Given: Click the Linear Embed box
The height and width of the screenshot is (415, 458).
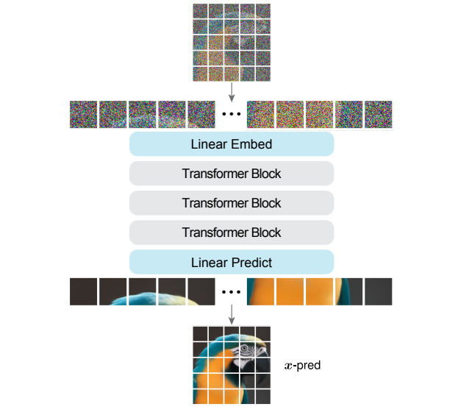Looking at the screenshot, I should [x=232, y=144].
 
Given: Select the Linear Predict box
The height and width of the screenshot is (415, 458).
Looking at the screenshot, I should [x=232, y=262].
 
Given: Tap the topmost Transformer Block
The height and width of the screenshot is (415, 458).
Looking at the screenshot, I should [x=232, y=174].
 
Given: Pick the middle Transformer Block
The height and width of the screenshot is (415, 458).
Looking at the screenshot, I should [x=232, y=203].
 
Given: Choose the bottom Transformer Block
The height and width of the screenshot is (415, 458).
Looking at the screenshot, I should [x=232, y=233].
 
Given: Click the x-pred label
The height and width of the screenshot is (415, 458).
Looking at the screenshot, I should [x=302, y=365].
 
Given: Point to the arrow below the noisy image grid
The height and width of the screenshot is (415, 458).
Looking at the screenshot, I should [x=232, y=91].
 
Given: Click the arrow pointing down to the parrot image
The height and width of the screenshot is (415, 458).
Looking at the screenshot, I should [x=232, y=314].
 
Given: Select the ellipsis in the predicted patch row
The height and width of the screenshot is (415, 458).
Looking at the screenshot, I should [x=232, y=292].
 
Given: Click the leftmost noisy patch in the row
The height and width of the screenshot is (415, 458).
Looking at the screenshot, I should [x=84, y=115].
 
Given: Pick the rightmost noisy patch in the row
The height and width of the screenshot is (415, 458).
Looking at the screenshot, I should [x=379, y=115].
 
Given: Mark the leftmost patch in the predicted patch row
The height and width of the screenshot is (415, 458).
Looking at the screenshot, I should [x=84, y=291].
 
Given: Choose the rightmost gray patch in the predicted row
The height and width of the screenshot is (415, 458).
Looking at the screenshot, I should [x=379, y=291].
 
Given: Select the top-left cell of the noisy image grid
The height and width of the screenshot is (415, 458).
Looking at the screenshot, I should [x=200, y=11].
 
